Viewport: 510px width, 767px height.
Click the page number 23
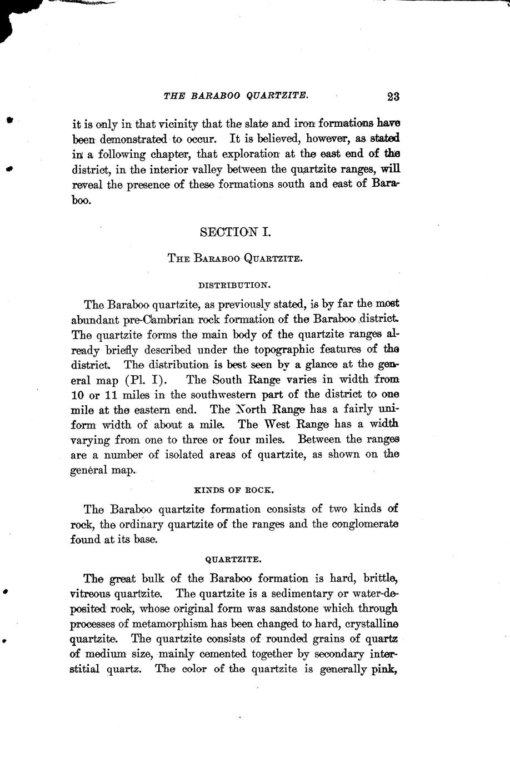(393, 96)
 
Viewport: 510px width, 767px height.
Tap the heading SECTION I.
(235, 232)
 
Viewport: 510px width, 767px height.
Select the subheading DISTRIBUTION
(234, 285)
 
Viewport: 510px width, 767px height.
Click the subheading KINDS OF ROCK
(234, 490)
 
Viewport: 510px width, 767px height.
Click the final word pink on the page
(383, 669)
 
